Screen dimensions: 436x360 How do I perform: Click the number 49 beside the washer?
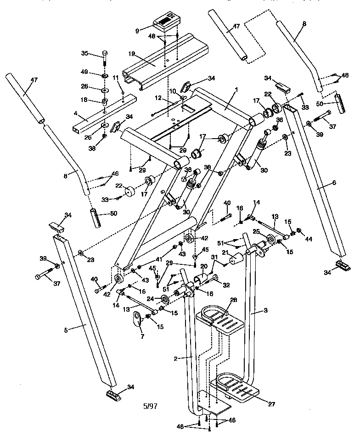(x=84, y=72)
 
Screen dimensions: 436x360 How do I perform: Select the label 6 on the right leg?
(x=334, y=183)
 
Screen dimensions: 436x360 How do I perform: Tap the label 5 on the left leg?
(x=66, y=330)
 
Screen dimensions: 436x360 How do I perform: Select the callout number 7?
(x=141, y=336)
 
